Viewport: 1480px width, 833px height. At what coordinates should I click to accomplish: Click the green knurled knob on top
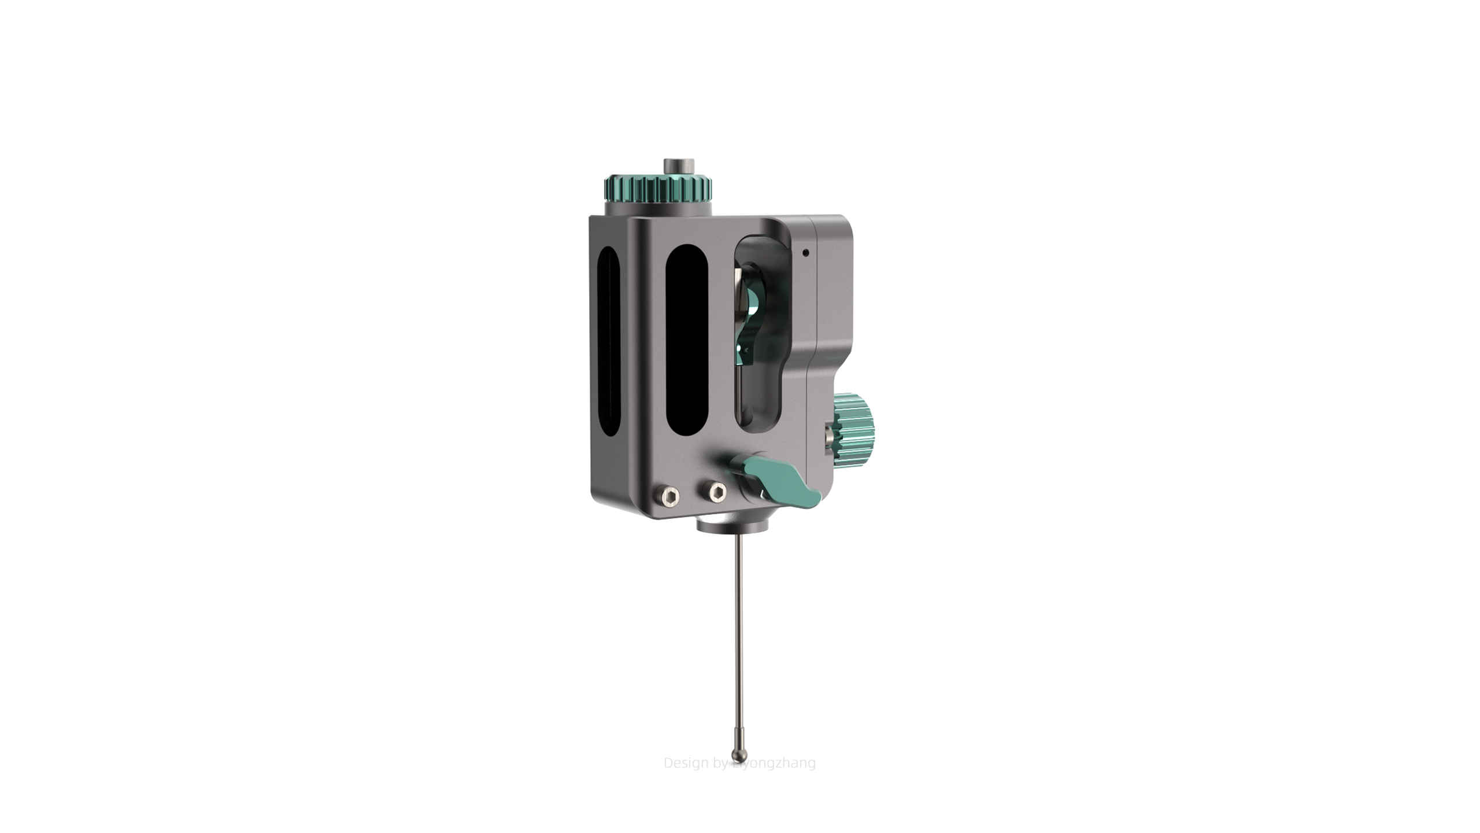click(658, 187)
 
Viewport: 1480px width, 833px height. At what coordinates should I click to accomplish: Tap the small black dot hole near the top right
click(805, 252)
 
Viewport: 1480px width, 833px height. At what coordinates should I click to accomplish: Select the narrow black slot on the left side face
click(608, 348)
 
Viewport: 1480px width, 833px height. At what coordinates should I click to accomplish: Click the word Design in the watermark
click(686, 763)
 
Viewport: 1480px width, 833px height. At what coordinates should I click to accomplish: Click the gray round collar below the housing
click(733, 526)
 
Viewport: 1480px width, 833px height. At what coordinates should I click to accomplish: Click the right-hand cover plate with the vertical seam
click(833, 289)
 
